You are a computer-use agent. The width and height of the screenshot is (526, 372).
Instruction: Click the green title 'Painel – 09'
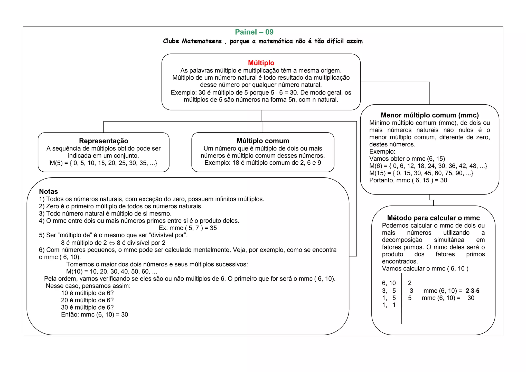254,32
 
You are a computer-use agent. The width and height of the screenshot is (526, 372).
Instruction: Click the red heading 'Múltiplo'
261,63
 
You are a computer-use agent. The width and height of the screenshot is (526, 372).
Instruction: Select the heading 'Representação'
104,141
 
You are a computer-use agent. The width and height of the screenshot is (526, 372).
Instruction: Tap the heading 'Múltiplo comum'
263,141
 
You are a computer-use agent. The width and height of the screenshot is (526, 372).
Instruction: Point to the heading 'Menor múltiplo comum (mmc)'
430,115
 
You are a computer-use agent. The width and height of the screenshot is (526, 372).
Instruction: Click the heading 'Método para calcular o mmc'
433,218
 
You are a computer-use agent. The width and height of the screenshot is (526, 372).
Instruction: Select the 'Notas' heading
48,191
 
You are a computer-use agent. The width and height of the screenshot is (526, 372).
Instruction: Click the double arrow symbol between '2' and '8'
112,243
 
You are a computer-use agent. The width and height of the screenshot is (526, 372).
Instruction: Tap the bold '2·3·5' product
472,291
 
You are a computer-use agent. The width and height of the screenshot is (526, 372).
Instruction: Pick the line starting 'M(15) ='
421,173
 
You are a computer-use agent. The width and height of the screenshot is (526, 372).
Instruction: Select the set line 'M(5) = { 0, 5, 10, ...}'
104,163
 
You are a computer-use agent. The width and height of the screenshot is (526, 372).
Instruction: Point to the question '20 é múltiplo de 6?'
87,300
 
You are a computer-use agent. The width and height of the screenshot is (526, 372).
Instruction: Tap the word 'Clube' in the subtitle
171,41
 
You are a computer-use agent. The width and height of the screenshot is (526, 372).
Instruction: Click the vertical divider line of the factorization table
402,298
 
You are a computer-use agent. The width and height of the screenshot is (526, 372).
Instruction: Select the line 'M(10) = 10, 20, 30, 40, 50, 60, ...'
111,272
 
